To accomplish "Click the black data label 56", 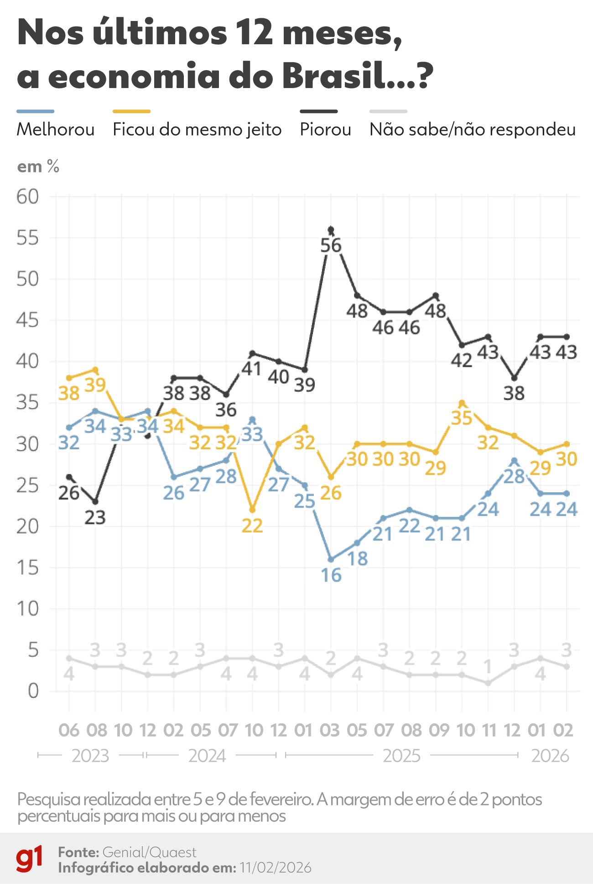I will tap(331, 246).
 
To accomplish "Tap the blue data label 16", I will tap(331, 575).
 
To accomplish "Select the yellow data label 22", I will tap(252, 526).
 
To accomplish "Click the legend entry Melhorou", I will tap(55, 130).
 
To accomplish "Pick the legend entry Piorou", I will tap(325, 130).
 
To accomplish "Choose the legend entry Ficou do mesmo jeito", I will tap(197, 130).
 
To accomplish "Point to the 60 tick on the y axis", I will tap(27, 197).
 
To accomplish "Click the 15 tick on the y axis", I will tap(27, 567).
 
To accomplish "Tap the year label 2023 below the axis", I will tap(90, 756).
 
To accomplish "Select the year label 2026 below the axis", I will tap(550, 756).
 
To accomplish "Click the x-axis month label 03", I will tap(329, 731).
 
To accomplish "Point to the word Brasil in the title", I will tap(333, 76).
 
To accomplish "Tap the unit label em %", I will tap(38, 167).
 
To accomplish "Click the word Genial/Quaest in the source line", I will tap(149, 852).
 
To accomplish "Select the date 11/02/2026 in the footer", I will tap(275, 868).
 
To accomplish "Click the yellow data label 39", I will tap(95, 385).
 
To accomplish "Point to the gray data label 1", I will tap(488, 666).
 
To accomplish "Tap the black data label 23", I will tap(95, 518).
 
